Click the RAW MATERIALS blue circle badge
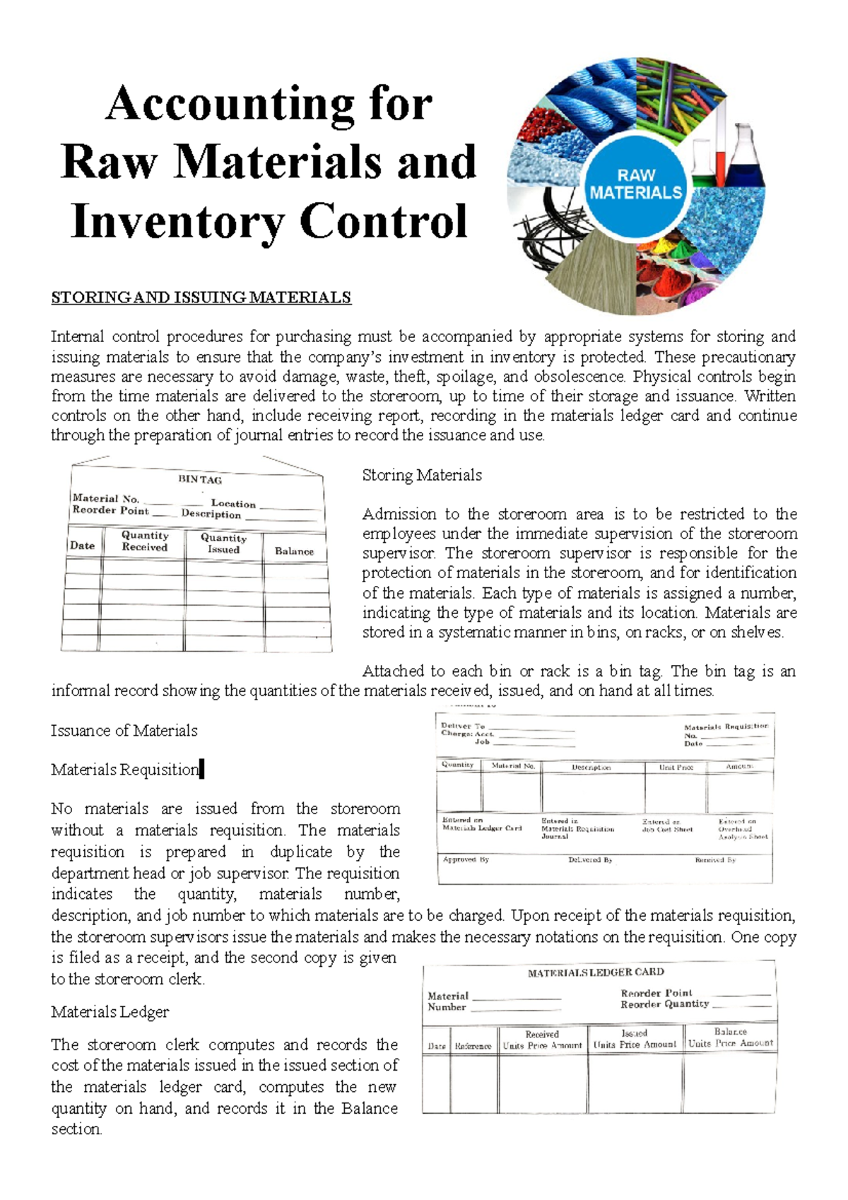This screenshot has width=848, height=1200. (x=635, y=184)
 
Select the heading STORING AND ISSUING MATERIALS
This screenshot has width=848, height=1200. (x=201, y=298)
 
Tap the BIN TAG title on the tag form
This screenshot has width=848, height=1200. (x=200, y=479)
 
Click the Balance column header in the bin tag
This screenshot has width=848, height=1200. (x=294, y=551)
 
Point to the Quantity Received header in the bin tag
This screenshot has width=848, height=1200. (x=145, y=541)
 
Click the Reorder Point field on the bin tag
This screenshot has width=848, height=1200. (x=111, y=510)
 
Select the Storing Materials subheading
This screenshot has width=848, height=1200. (x=422, y=475)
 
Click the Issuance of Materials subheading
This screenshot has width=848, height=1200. (x=124, y=731)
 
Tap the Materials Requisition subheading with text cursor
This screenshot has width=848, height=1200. (x=125, y=770)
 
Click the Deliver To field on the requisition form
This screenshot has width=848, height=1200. (x=463, y=726)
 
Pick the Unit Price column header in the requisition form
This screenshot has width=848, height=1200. (x=676, y=767)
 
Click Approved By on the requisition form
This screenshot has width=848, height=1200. (x=466, y=859)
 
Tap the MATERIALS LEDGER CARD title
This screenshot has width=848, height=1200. (x=596, y=972)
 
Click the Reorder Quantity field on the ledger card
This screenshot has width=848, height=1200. (x=664, y=1004)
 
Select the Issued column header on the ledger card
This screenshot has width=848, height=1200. (x=634, y=1033)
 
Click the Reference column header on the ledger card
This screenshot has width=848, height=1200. (x=473, y=1046)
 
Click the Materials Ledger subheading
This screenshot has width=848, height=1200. (x=110, y=1012)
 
